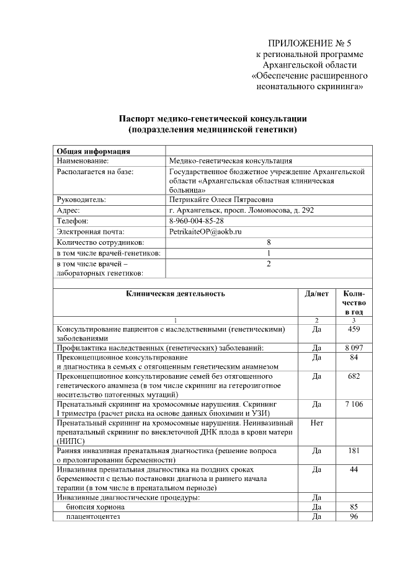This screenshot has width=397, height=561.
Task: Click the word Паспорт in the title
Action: pos(140,118)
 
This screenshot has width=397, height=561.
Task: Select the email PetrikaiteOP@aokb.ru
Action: pos(205,231)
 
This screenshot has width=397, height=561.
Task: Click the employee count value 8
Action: pos(269,242)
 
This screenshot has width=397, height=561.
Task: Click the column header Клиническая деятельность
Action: pos(176,293)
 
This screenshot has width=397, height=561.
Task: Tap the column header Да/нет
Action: pos(317,293)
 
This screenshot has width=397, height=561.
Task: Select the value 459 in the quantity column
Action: pos(354,329)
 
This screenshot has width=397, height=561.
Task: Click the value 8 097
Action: pos(354,348)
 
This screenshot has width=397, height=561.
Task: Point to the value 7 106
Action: pos(354,404)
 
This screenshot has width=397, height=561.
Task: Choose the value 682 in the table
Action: pos(354,376)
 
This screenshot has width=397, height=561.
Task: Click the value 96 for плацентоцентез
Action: pos(354,516)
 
